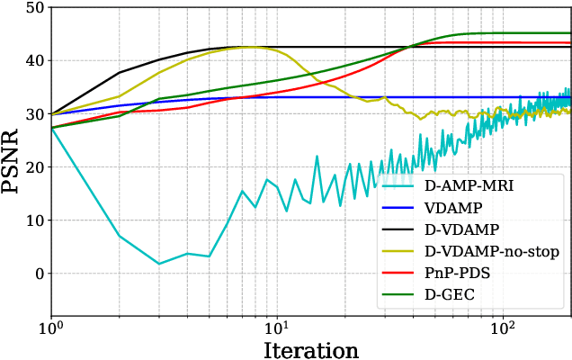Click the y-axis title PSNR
point(15,140)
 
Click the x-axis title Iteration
point(310,348)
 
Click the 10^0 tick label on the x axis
point(51,323)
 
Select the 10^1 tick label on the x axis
point(277,323)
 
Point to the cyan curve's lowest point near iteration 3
point(159,264)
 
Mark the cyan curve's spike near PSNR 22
point(317,157)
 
